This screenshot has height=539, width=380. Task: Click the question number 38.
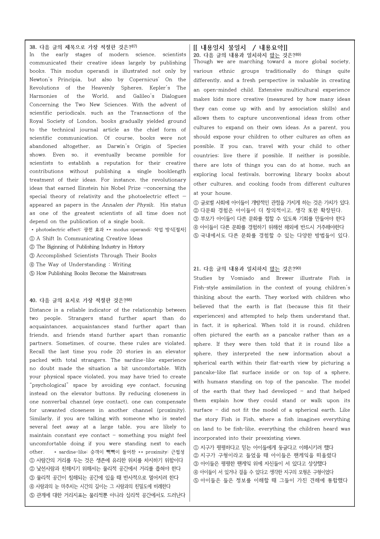tap(33, 47)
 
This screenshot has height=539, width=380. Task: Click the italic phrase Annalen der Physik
tap(128, 205)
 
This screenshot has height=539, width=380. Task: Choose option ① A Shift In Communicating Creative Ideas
tap(86, 239)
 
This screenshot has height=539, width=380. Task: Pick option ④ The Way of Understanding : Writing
tap(80, 265)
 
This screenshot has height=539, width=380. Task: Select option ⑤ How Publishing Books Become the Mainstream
tap(88, 274)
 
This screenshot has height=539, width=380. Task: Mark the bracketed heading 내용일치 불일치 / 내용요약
tap(240, 48)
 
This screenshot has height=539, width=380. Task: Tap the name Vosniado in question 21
tap(242, 278)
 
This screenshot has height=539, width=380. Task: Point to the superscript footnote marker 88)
tap(129, 300)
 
